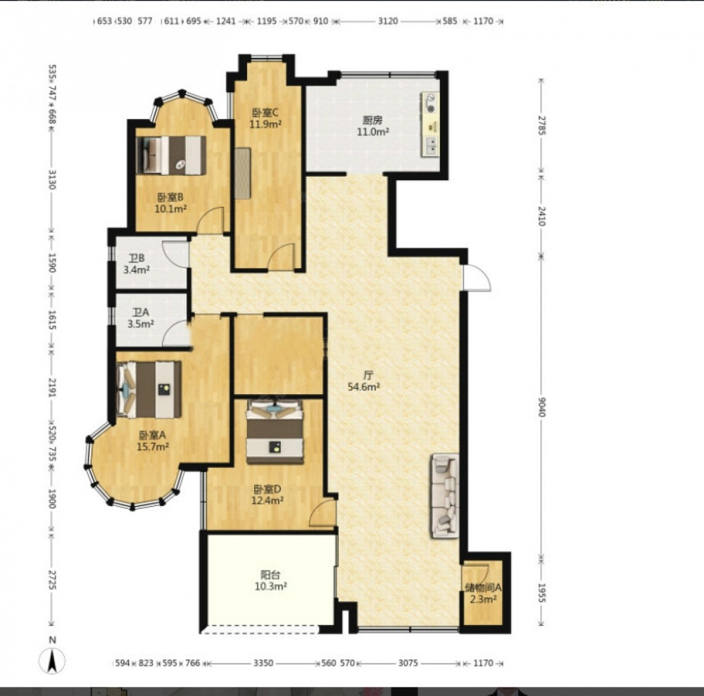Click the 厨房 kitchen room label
coord(372,120)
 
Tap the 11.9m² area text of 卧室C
coord(265,124)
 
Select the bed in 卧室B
coord(171,156)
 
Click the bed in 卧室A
coord(149,389)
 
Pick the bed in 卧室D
coord(275,431)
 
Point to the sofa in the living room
coord(446,495)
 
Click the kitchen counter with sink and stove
coord(430,125)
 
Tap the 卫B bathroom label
coord(137,258)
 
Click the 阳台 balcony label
coord(270,574)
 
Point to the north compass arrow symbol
coord(52,661)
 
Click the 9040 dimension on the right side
coord(541,407)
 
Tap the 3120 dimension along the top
coord(387,21)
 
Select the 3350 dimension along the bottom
coord(263,663)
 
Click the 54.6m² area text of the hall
coord(364,387)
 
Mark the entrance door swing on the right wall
coord(477,278)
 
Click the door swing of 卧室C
coord(282,257)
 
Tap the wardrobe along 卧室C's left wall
coord(242,173)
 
